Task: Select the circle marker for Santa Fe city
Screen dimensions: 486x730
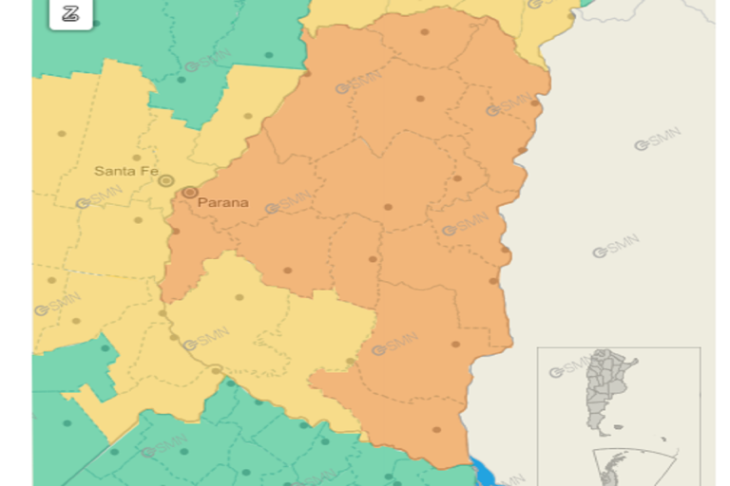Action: click(166, 180)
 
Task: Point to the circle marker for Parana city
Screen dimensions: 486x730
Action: click(190, 193)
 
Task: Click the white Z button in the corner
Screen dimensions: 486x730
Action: click(70, 13)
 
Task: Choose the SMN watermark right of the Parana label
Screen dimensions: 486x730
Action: click(288, 201)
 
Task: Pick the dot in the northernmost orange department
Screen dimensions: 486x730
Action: click(424, 32)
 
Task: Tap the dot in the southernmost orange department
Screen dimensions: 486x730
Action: click(436, 429)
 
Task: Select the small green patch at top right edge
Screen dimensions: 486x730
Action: click(586, 3)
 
